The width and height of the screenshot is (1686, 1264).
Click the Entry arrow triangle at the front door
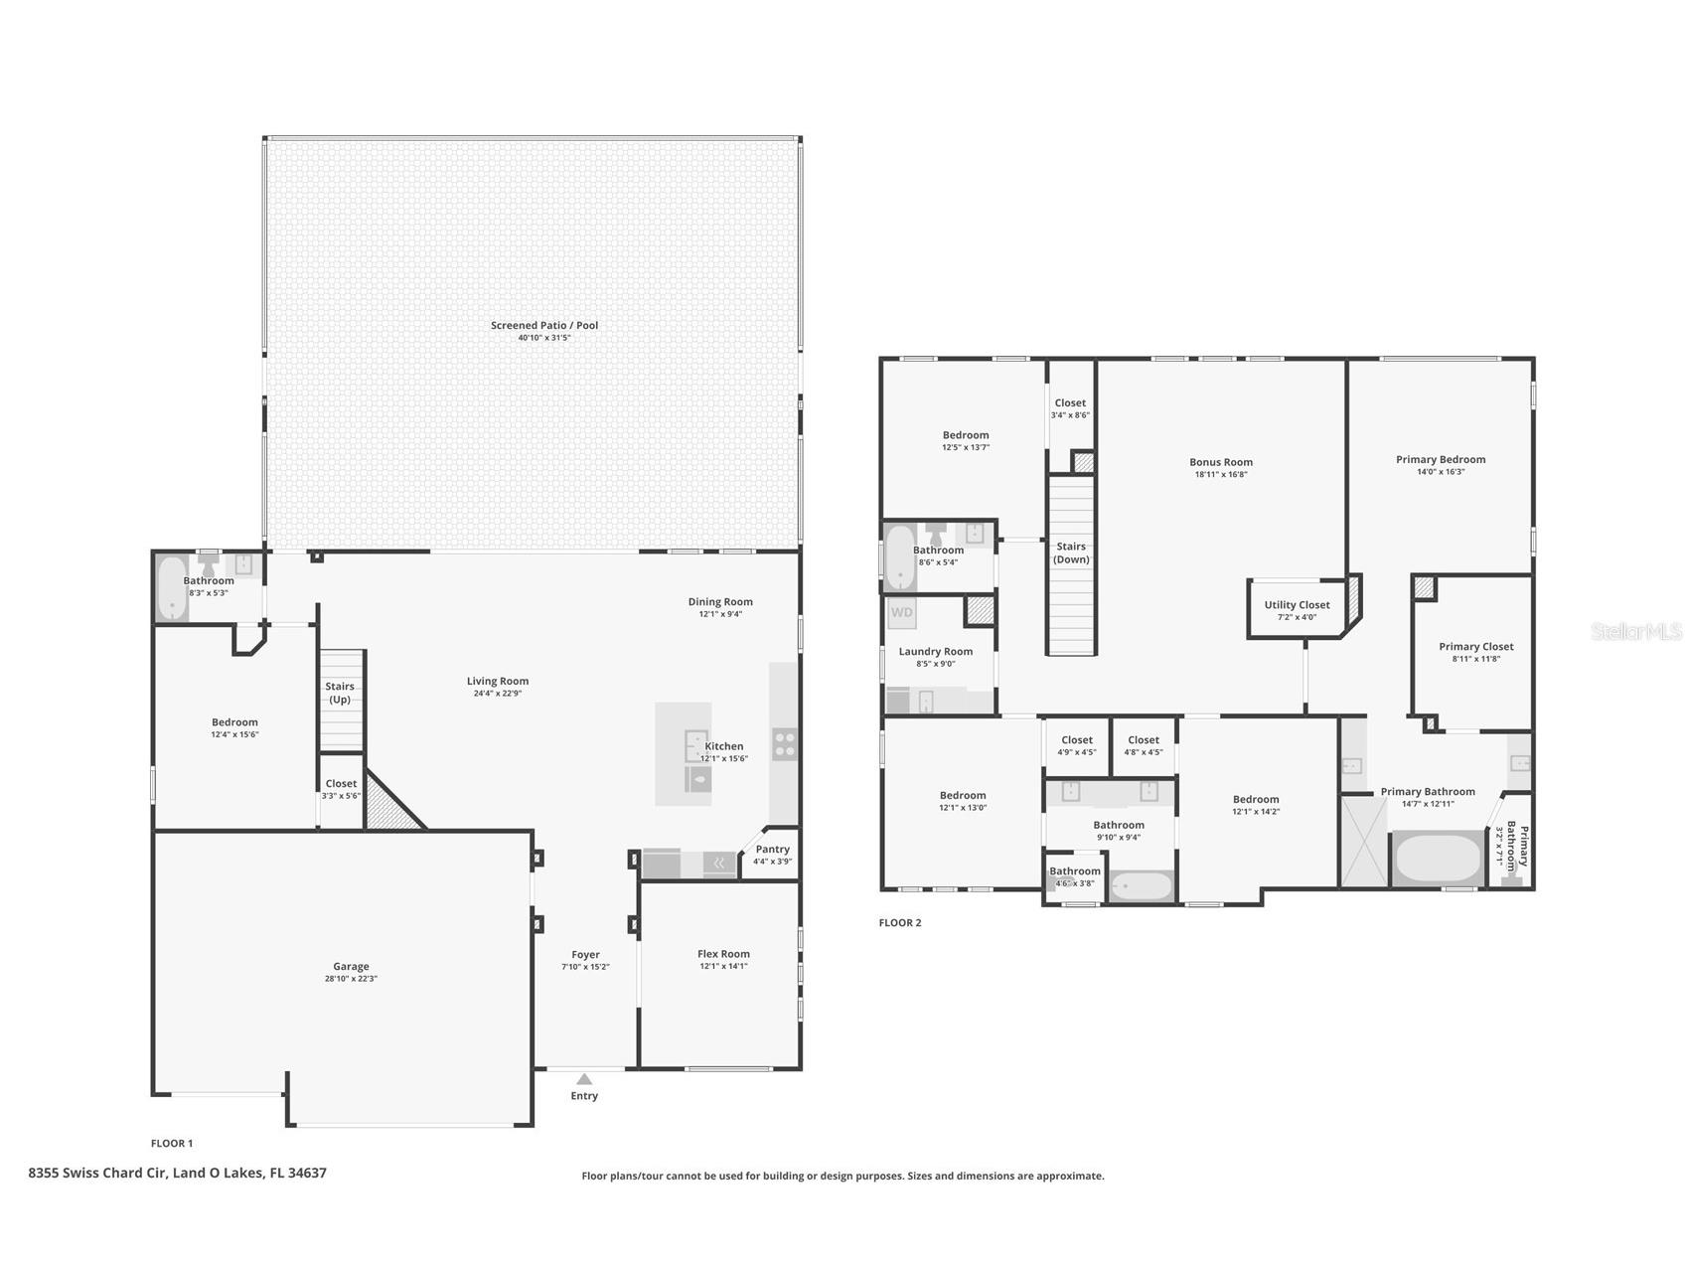tap(584, 1079)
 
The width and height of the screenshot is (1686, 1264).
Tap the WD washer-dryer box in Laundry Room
tap(902, 613)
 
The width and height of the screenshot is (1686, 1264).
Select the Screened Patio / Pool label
tap(544, 325)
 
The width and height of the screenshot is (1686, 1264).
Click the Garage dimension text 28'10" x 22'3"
tap(351, 979)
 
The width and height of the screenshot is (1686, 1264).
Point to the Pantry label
tap(772, 849)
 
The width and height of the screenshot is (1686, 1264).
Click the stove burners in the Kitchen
tap(784, 744)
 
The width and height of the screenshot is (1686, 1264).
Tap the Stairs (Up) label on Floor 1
tap(340, 693)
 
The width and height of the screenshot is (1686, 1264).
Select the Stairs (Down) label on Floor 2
tap(1071, 553)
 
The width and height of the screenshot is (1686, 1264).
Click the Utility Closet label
tap(1297, 604)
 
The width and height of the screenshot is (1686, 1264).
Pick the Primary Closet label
tap(1476, 646)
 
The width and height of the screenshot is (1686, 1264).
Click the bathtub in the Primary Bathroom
tap(1438, 860)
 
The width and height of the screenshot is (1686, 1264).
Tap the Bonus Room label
tap(1221, 461)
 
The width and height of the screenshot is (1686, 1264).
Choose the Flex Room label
tap(723, 954)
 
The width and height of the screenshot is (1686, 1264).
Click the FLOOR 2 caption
tap(900, 922)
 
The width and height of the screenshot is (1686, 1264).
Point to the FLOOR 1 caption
tap(172, 1143)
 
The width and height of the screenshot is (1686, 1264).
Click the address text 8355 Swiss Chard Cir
tap(96, 1173)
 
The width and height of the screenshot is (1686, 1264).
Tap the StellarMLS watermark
tap(1636, 631)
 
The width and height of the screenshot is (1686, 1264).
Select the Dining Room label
tap(720, 601)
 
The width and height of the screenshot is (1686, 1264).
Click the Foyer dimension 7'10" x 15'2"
tap(586, 967)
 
